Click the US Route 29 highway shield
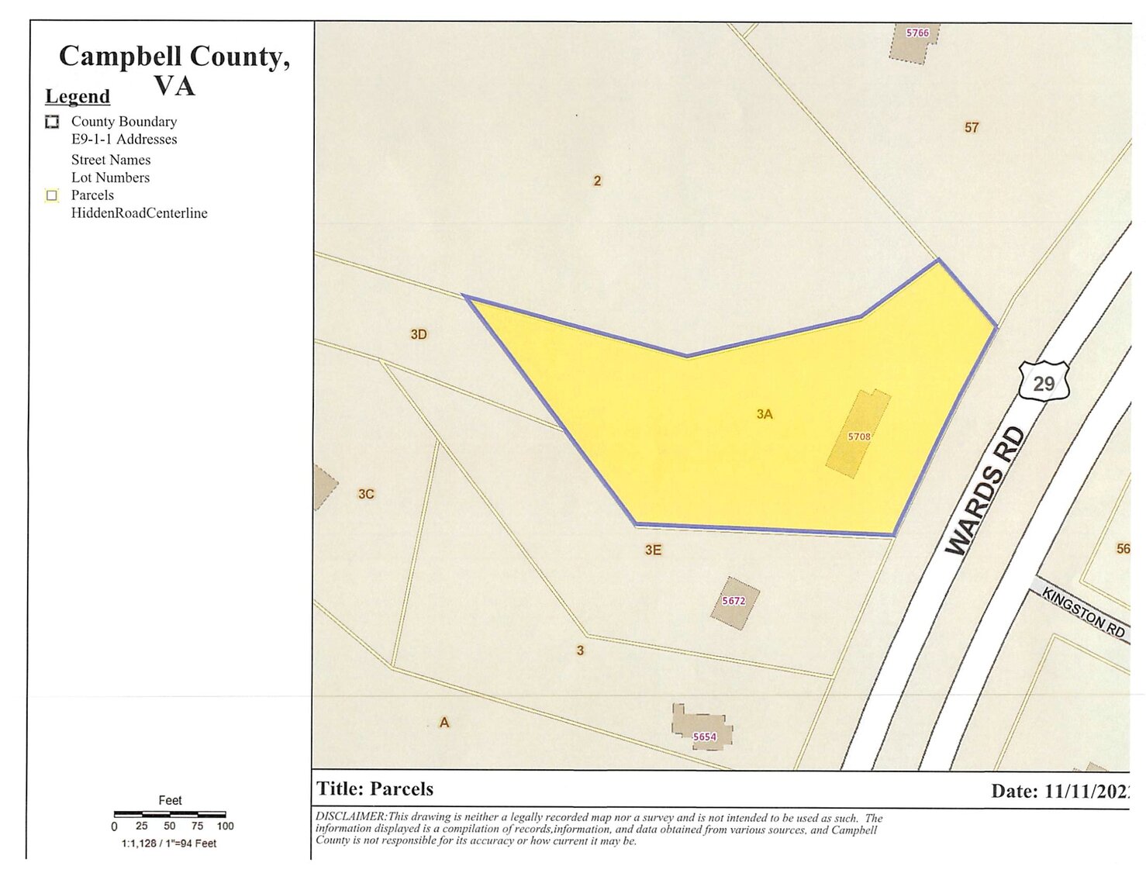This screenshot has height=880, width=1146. pyautogui.click(x=1044, y=381)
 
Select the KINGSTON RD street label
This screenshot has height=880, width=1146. pyautogui.click(x=1083, y=613)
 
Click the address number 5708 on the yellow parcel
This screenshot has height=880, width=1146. pyautogui.click(x=859, y=437)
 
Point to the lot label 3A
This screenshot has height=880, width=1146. pyautogui.click(x=765, y=415)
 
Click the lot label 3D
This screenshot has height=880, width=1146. pyautogui.click(x=419, y=335)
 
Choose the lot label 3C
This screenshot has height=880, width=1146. pyautogui.click(x=366, y=494)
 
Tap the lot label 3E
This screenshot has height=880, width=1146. pyautogui.click(x=653, y=550)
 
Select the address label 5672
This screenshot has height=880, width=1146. pyautogui.click(x=733, y=601)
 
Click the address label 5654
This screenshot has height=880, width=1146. pyautogui.click(x=704, y=737)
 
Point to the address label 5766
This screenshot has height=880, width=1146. pyautogui.click(x=917, y=33)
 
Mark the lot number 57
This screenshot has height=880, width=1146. pyautogui.click(x=972, y=128)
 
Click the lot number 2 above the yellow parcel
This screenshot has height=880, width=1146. pyautogui.click(x=597, y=181)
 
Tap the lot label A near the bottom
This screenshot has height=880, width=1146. pyautogui.click(x=444, y=723)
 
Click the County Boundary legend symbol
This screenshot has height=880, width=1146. pyautogui.click(x=52, y=122)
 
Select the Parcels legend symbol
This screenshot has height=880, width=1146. pyautogui.click(x=52, y=195)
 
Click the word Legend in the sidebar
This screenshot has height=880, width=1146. pyautogui.click(x=78, y=97)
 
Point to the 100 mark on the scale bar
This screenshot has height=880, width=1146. pyautogui.click(x=225, y=827)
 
